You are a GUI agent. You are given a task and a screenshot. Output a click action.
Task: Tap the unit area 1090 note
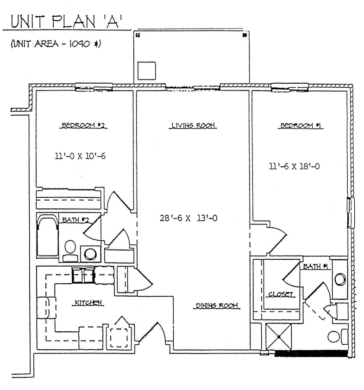coord(56,44)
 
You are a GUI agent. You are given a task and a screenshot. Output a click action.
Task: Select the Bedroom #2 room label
coord(85,125)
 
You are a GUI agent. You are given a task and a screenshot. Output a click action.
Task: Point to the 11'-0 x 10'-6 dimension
coord(80,156)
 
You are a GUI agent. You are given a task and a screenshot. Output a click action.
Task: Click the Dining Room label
coord(217,305)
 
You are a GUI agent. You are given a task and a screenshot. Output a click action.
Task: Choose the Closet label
coord(281,294)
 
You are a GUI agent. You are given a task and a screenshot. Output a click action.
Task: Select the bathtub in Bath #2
coord(47,236)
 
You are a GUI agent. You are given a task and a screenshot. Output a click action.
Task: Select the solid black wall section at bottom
coord(311,353)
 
